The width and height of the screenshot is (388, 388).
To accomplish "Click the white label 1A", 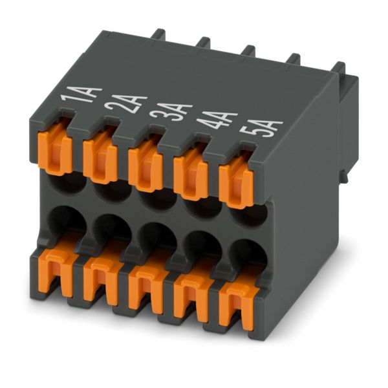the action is click(81, 95).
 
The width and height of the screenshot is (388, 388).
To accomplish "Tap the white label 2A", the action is click(126, 103).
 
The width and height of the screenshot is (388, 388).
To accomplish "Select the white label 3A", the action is click(171, 113).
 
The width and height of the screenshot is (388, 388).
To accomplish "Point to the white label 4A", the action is click(217, 120).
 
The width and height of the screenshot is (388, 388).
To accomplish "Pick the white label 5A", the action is click(263, 129).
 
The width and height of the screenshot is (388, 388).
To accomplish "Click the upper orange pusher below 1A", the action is click(56, 148).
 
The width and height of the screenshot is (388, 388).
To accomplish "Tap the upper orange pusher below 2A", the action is click(100, 156).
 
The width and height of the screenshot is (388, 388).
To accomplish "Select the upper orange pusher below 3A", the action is click(145, 165).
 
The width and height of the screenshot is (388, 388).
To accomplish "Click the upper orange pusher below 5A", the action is click(236, 182).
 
